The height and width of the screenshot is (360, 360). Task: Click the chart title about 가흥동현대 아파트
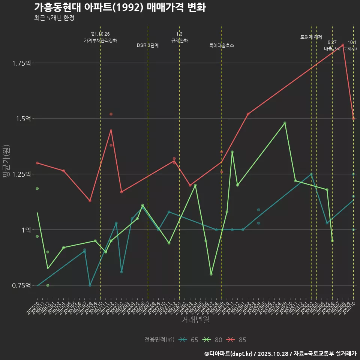pyautogui.click(x=120, y=7)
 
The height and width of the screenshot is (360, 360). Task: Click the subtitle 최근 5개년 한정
pyautogui.click(x=54, y=18)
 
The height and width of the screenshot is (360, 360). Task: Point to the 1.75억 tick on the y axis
pyautogui.click(x=21, y=63)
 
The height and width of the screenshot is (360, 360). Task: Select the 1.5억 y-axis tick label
pyautogui.click(x=23, y=118)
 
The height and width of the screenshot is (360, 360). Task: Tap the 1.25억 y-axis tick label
pyautogui.click(x=21, y=174)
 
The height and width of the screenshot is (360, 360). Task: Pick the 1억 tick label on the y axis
pyautogui.click(x=26, y=230)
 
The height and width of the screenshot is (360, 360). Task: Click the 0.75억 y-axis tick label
pyautogui.click(x=21, y=285)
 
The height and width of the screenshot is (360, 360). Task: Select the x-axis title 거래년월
pyautogui.click(x=195, y=319)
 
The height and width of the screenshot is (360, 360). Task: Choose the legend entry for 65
pyautogui.click(x=189, y=340)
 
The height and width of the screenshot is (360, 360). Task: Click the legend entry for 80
pyautogui.click(x=213, y=340)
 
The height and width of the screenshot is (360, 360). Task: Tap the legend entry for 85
pyautogui.click(x=237, y=340)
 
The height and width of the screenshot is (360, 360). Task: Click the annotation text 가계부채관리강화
pyautogui.click(x=100, y=40)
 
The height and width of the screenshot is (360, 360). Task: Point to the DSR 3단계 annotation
pyautogui.click(x=148, y=45)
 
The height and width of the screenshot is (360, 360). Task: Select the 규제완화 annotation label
pyautogui.click(x=179, y=40)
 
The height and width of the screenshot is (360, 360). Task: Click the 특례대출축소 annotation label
pyautogui.click(x=221, y=45)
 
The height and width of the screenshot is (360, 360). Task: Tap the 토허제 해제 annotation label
pyautogui.click(x=311, y=37)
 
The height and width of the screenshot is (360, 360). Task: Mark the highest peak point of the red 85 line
pyautogui.click(x=343, y=45)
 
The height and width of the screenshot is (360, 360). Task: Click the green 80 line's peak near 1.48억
pyautogui.click(x=285, y=123)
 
